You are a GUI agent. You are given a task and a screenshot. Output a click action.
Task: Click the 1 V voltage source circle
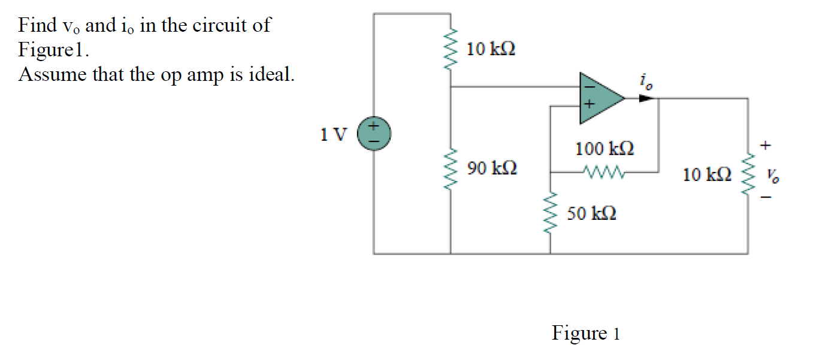(x=374, y=132)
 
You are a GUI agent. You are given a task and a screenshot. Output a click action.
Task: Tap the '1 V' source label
(x=333, y=134)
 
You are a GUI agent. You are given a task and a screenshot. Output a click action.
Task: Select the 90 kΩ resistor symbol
(x=451, y=168)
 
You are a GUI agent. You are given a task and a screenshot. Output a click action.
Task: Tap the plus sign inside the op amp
(x=589, y=105)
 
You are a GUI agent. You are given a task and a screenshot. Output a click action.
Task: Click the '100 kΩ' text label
(x=605, y=148)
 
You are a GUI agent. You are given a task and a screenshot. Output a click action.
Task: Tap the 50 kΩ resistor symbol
(x=550, y=213)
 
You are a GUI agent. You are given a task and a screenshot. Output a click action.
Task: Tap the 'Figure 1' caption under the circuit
(x=585, y=332)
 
